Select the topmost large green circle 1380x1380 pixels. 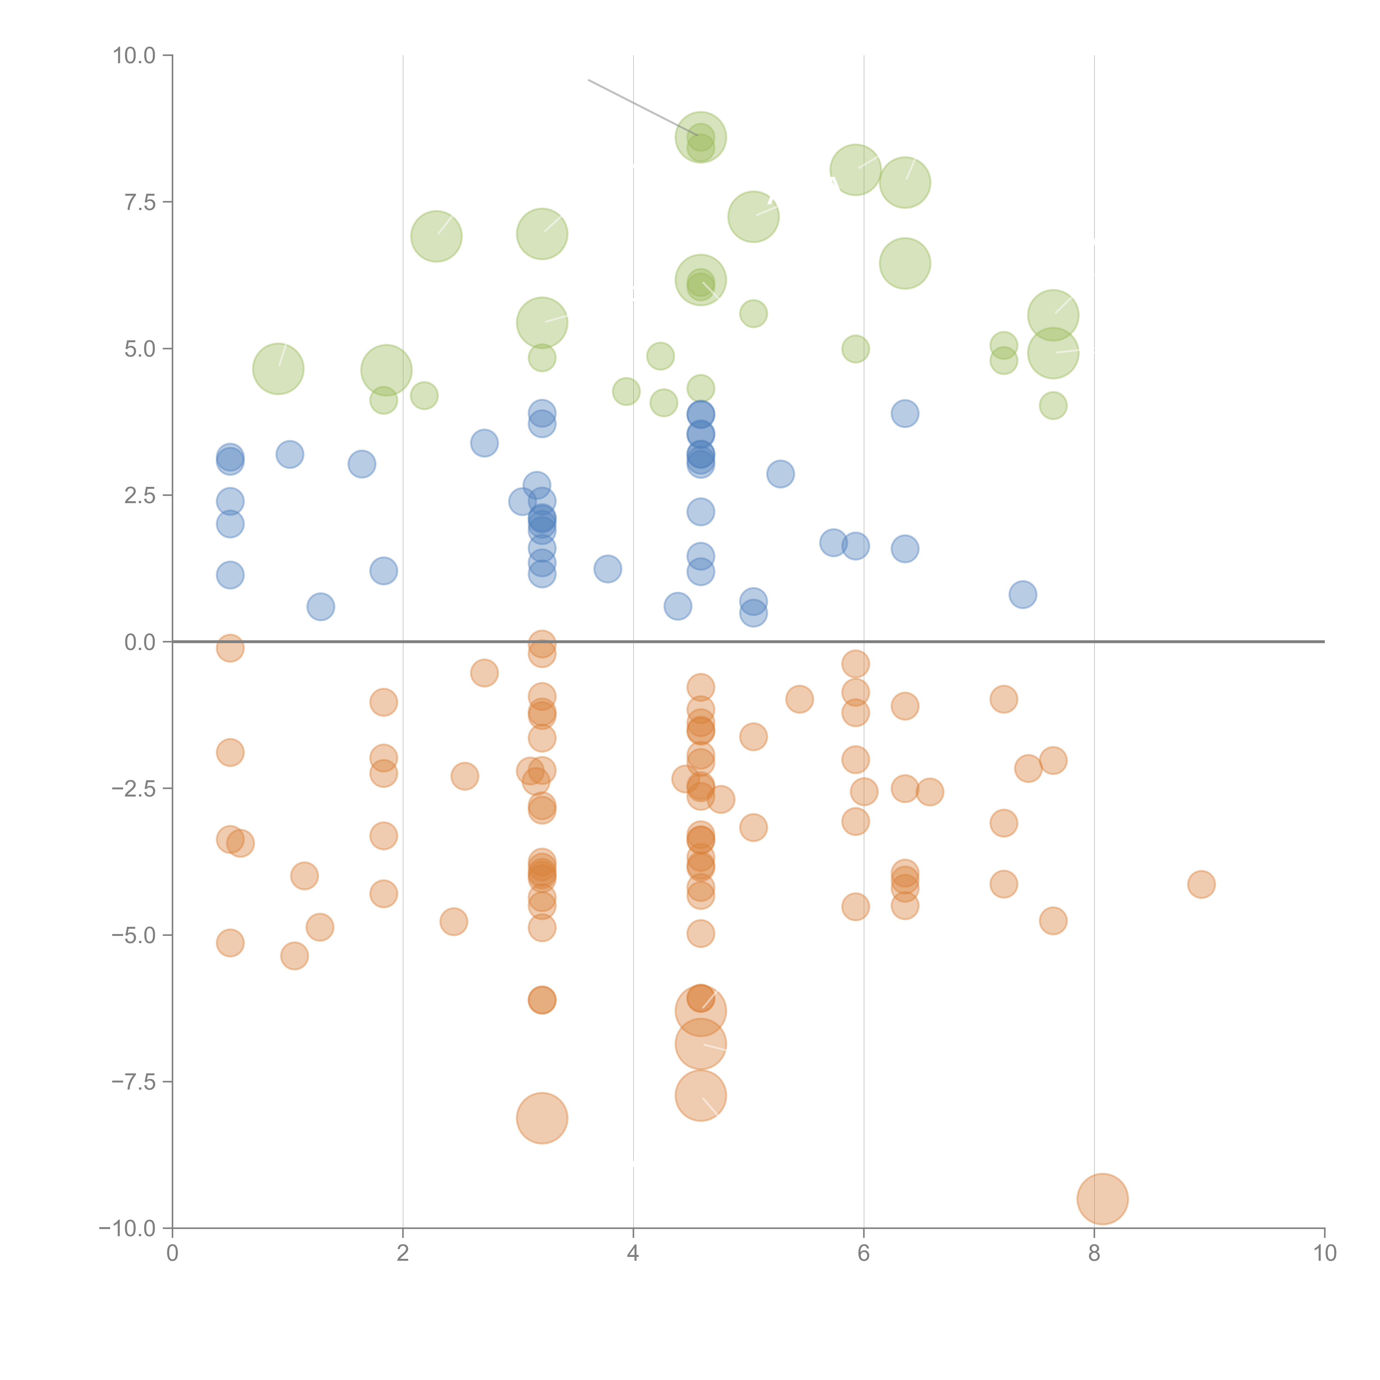(x=701, y=137)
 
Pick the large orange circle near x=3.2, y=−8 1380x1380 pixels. (x=542, y=1118)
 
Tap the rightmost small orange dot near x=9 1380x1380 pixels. (x=1201, y=884)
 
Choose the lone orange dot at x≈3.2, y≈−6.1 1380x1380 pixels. (x=542, y=1000)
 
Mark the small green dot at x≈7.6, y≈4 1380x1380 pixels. (x=1053, y=406)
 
